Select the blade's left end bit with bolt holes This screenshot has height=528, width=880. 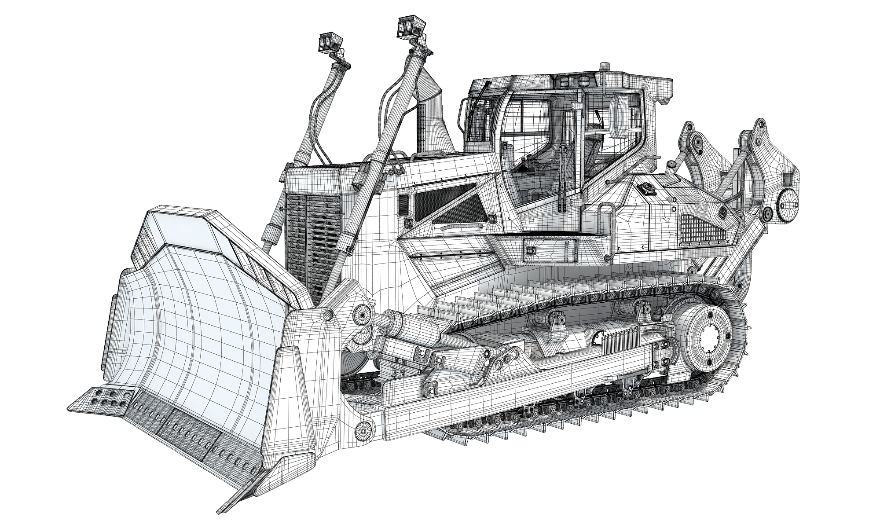click(103, 398)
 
